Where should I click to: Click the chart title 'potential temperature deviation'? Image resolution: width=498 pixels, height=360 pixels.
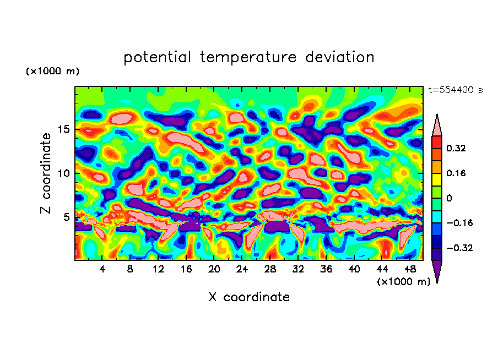(x=248, y=57)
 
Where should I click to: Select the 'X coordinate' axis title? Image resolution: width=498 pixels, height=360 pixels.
(x=249, y=297)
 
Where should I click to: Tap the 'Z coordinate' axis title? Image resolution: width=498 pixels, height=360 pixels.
(x=46, y=173)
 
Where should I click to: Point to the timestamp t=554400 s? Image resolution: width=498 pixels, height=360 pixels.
(x=455, y=90)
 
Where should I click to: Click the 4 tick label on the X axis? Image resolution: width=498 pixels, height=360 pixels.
(x=102, y=269)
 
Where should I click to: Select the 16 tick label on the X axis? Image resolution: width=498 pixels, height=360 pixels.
(x=186, y=269)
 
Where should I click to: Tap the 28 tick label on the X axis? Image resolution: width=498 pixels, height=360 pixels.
(x=270, y=269)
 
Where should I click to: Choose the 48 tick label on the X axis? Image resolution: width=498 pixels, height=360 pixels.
(x=409, y=269)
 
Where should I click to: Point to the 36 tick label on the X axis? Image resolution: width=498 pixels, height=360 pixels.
(x=326, y=269)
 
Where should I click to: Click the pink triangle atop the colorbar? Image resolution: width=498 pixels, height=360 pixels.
(x=437, y=126)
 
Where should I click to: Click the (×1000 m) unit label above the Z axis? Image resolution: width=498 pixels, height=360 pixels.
(x=52, y=72)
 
